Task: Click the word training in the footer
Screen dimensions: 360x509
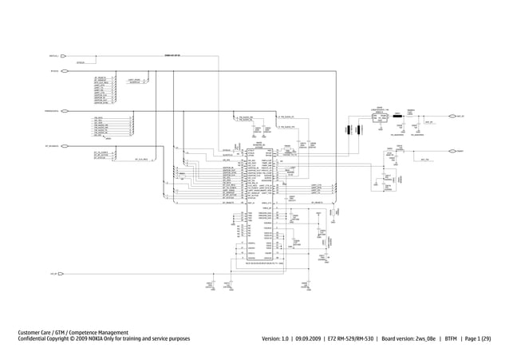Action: point(152,340)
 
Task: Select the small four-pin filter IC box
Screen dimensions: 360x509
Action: point(379,117)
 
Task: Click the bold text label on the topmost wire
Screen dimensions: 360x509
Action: point(171,56)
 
